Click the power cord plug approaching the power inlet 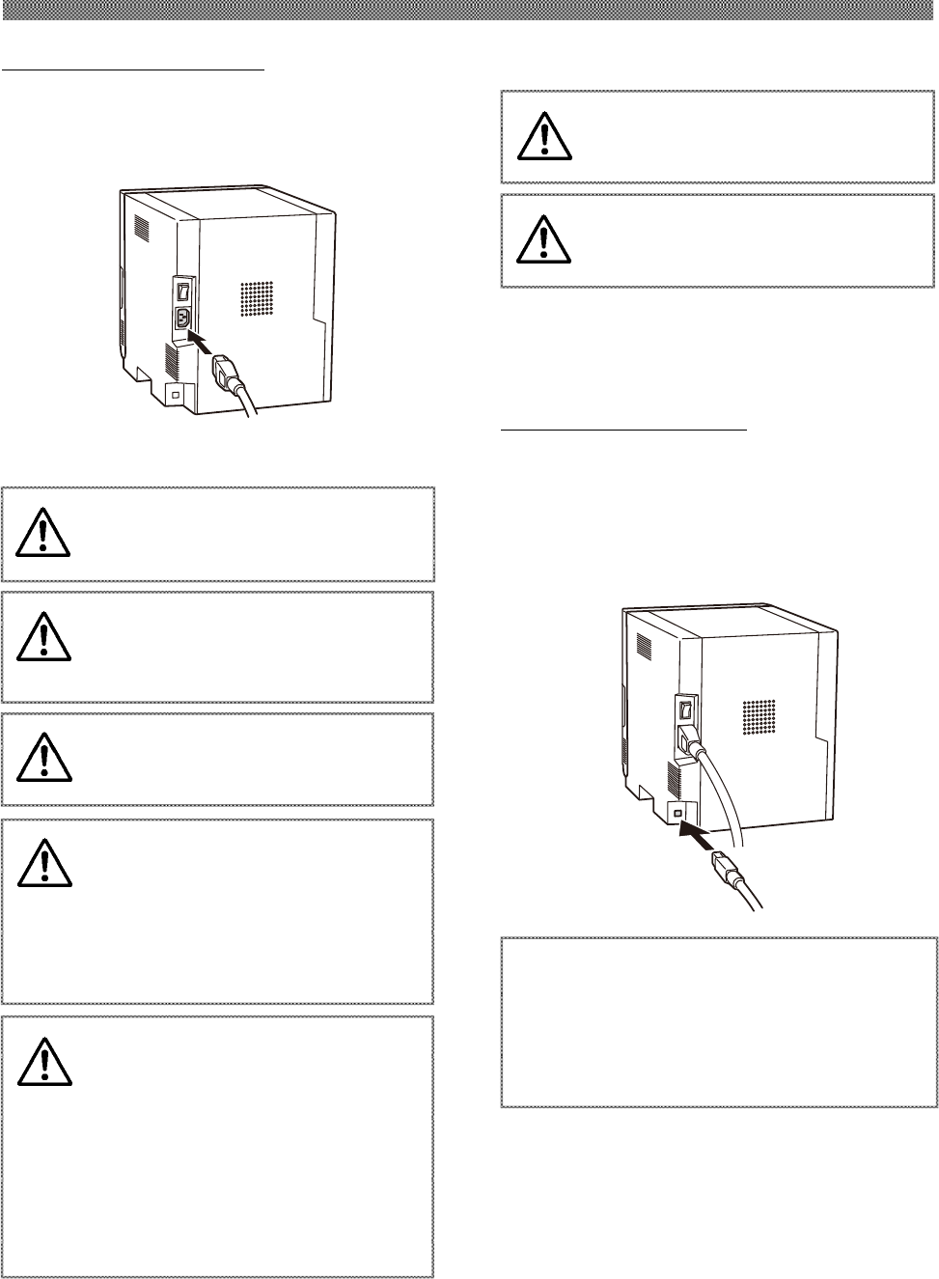coord(224,371)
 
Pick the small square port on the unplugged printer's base coord(175,395)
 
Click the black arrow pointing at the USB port coord(695,830)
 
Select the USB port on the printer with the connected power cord coord(677,814)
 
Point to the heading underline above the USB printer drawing coord(623,431)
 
